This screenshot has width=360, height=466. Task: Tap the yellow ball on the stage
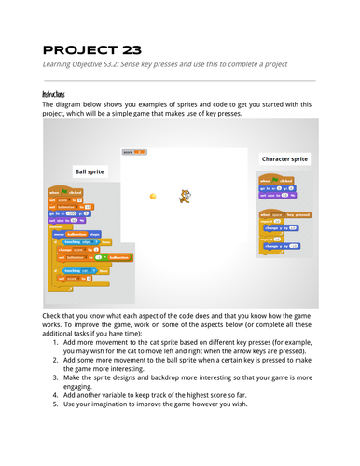click(x=153, y=196)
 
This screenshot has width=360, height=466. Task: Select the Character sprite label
click(x=284, y=158)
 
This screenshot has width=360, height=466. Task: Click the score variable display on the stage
click(x=135, y=151)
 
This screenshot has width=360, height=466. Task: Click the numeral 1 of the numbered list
click(x=59, y=344)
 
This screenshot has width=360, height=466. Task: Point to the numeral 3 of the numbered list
click(x=59, y=398)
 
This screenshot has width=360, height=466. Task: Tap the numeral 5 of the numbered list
click(x=59, y=432)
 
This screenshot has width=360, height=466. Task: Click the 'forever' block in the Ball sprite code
click(x=55, y=226)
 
